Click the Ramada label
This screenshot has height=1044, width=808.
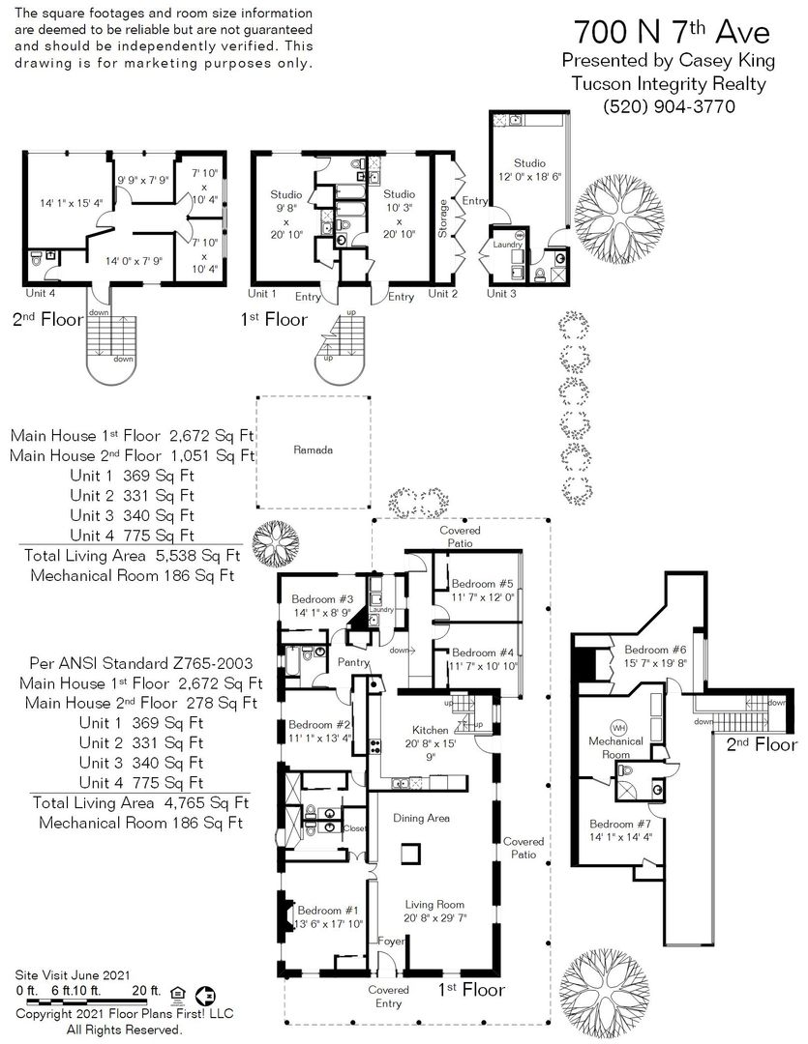pos(313,450)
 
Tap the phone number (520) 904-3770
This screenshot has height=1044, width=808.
pos(669,106)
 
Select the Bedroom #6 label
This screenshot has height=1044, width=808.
pos(655,650)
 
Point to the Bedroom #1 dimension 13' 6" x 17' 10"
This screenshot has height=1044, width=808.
pos(329,924)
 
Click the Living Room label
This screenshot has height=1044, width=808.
pos(434,905)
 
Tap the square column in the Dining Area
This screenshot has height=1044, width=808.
pos(410,854)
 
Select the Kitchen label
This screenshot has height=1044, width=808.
pos(430,731)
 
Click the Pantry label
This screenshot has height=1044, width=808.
pos(353,662)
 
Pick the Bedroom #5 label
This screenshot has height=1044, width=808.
pos(483,584)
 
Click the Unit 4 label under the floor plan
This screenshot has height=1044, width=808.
pos(40,293)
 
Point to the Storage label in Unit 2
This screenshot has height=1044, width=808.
pos(442,218)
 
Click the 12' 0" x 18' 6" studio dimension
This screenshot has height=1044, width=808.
pos(530,177)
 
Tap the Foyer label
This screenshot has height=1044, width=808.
pos(391,942)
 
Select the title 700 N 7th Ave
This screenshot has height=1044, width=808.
pos(672,31)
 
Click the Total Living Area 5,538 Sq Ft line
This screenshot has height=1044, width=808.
pos(132,555)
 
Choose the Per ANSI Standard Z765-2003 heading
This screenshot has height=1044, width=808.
pos(141,663)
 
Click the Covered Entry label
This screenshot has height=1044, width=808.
pos(389,997)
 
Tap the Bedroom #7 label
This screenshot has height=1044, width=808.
pos(620,825)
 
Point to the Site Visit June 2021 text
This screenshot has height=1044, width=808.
pos(73,975)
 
